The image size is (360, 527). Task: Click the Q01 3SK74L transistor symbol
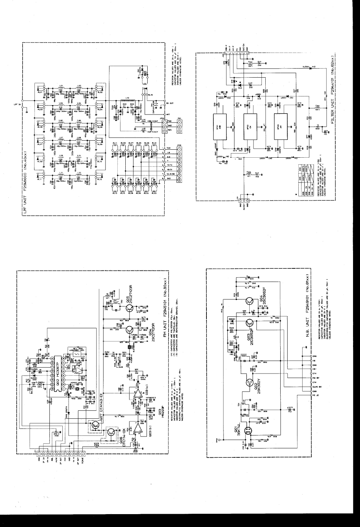[x=248, y=432]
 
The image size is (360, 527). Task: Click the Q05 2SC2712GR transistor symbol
[x=130, y=308]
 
